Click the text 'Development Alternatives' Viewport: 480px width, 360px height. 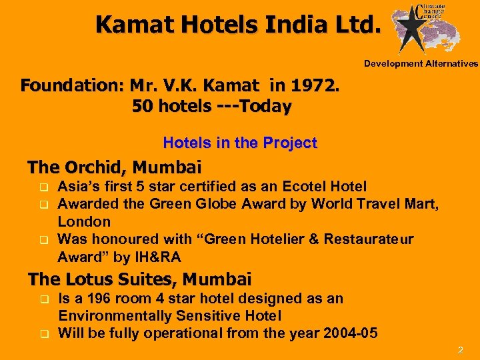click(x=421, y=64)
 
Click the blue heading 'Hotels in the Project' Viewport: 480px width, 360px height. click(x=240, y=143)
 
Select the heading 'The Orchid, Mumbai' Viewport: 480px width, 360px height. click(x=114, y=167)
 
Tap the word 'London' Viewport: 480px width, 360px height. click(x=84, y=221)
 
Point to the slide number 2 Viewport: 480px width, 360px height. click(x=459, y=349)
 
